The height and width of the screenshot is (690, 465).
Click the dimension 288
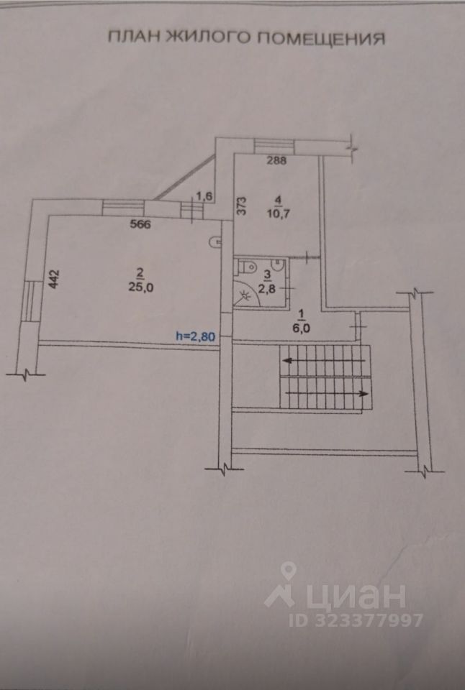point(276,161)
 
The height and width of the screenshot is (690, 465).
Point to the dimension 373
point(243,207)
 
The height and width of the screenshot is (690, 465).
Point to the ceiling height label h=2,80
point(197,335)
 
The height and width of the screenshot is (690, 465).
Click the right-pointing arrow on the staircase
point(362,393)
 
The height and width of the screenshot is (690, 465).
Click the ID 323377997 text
point(356,620)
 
